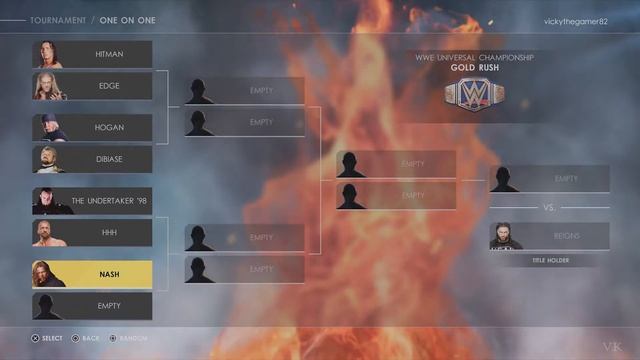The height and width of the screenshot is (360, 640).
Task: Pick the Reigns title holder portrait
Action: point(505,236)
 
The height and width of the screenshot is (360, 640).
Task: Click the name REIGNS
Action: point(566,236)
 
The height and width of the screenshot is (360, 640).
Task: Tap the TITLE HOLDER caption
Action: point(549,260)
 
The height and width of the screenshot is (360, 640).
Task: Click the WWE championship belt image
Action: point(475,94)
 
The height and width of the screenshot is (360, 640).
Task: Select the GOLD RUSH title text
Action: point(475,68)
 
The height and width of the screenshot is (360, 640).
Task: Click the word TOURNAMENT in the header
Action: point(58,20)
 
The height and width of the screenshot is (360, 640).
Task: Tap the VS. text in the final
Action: point(549,208)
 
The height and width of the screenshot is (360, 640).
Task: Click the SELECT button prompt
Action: point(47,338)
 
